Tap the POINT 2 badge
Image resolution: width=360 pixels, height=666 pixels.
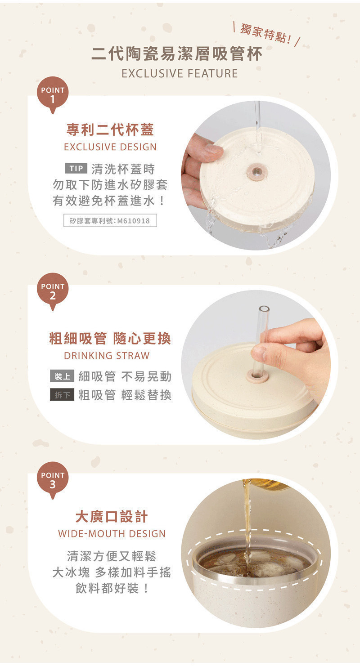[x=53, y=291]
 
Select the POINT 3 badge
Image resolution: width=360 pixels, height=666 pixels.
[x=53, y=480]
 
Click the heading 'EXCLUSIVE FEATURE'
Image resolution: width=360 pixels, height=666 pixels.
[x=180, y=74]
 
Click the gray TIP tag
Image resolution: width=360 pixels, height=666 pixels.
[x=76, y=169]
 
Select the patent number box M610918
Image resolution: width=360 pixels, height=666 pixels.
[x=110, y=220]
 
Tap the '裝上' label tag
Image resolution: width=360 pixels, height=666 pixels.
[x=62, y=376]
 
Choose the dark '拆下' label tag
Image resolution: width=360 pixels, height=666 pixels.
[x=62, y=395]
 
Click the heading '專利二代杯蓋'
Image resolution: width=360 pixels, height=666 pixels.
[x=110, y=130]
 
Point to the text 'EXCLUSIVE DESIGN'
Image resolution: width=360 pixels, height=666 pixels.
[x=110, y=147]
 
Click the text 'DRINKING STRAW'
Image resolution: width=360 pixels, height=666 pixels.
[x=107, y=356]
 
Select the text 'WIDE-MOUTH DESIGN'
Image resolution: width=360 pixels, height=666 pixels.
[x=112, y=534]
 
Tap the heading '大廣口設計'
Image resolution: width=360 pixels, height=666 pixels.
[x=111, y=517]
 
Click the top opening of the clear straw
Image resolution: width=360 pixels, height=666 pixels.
[x=263, y=308]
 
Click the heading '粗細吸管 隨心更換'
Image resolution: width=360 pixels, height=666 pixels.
[x=110, y=339]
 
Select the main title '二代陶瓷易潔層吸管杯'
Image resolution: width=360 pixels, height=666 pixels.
[x=176, y=55]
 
